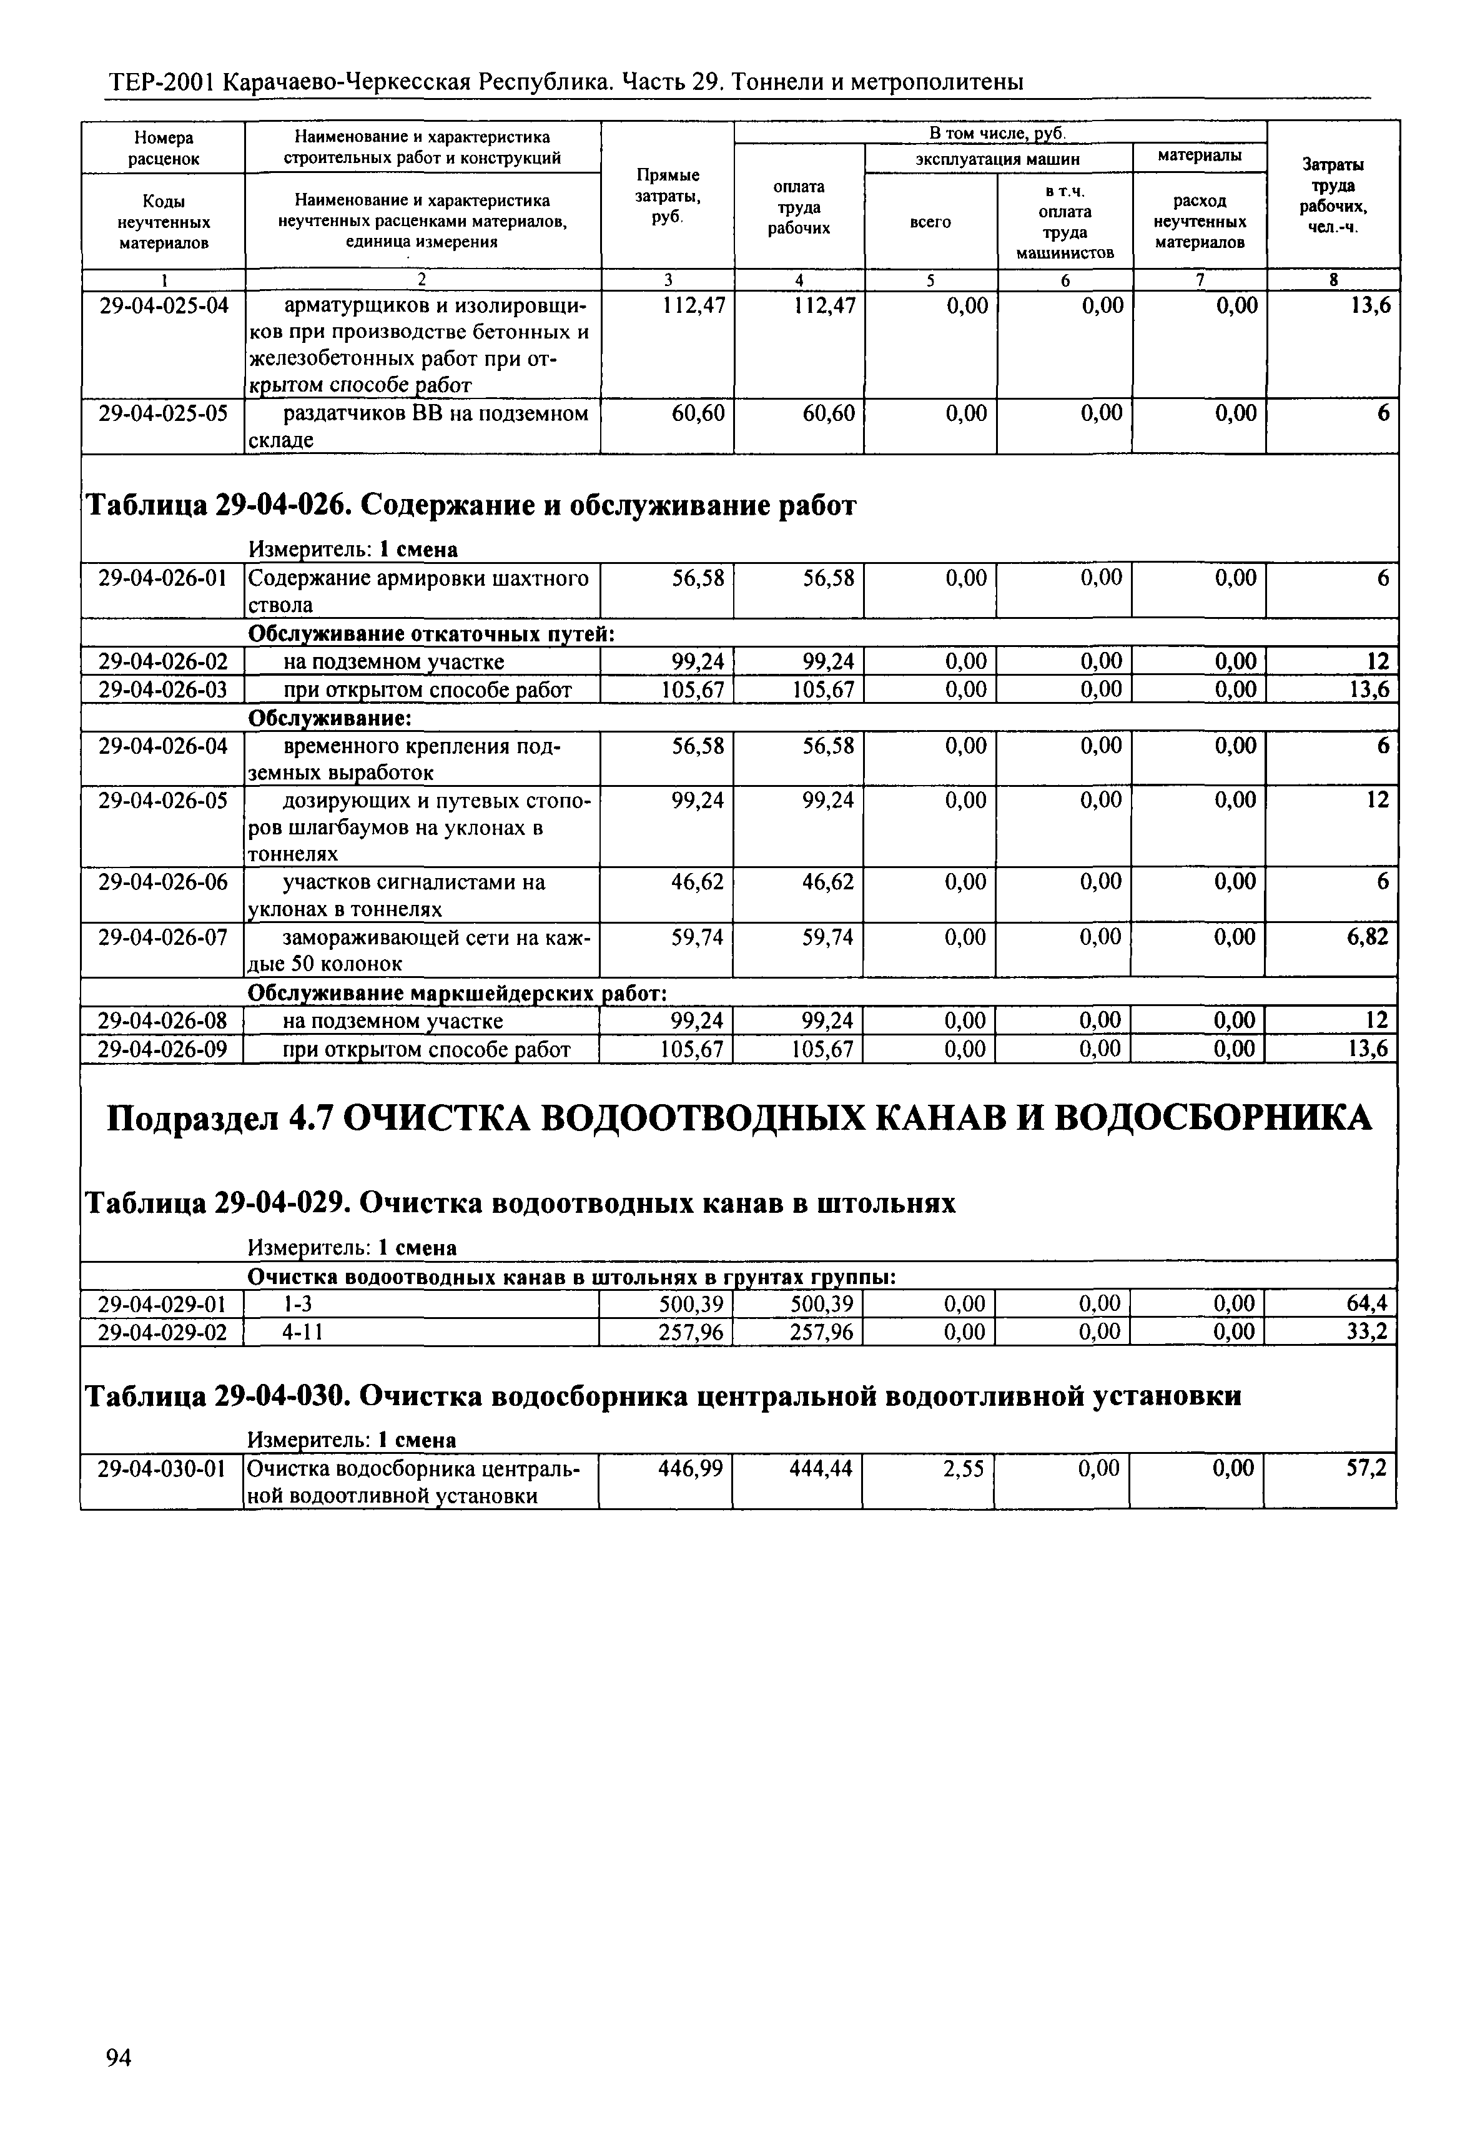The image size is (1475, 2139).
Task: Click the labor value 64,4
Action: (1368, 1303)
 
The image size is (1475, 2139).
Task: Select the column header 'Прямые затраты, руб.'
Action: (668, 195)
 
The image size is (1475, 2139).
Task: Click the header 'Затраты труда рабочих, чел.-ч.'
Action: (1333, 195)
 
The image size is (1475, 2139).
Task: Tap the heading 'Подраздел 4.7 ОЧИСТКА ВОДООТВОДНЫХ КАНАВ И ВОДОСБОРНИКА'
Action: (739, 1119)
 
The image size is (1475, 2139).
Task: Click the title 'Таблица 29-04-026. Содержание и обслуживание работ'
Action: (471, 506)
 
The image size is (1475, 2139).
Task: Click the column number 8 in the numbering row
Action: (1333, 280)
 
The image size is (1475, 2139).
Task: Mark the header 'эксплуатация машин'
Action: (998, 159)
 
